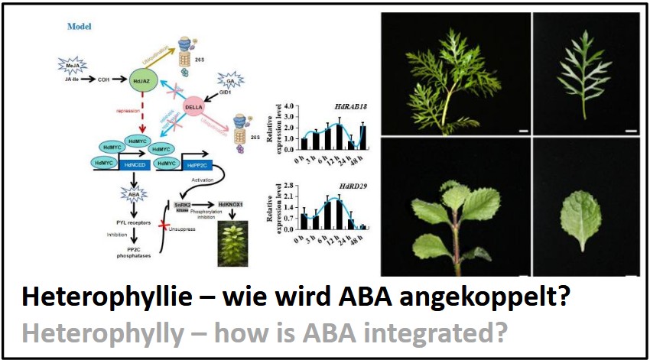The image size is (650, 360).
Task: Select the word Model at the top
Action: [80, 25]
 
